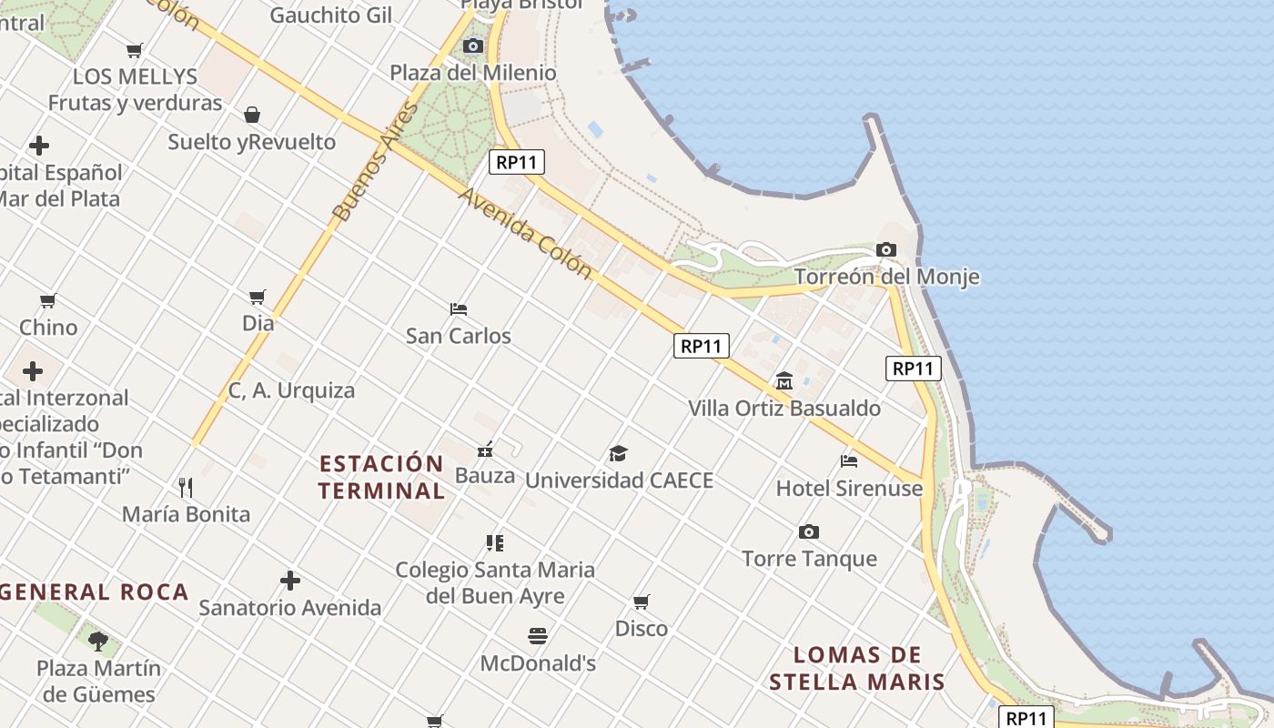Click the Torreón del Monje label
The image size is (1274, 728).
pos(886,277)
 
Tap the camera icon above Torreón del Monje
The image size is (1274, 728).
pos(885,249)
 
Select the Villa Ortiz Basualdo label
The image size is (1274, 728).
pos(784,408)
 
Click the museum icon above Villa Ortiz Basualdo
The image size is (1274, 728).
pos(784,380)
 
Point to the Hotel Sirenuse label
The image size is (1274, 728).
pos(848,489)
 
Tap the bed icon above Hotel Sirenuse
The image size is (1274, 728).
pos(849,461)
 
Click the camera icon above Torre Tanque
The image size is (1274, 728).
pos(808,531)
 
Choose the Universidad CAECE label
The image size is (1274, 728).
pos(619,480)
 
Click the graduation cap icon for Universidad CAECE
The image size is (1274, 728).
pos(619,453)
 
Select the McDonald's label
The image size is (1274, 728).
pos(538,663)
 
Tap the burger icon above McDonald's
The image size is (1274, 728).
pos(538,635)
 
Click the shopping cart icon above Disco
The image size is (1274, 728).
pos(642,602)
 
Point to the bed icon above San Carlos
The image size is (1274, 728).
pos(459,309)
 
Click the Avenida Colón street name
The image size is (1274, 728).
pos(525,234)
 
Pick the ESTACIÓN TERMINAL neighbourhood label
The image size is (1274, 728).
pos(381,477)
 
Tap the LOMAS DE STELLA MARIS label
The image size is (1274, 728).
pos(856,668)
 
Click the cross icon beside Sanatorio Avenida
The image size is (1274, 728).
pos(290,581)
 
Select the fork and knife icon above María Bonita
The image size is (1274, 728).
pos(186,487)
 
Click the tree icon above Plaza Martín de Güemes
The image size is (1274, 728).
pos(98,641)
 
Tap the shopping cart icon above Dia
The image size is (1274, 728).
pos(258,297)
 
